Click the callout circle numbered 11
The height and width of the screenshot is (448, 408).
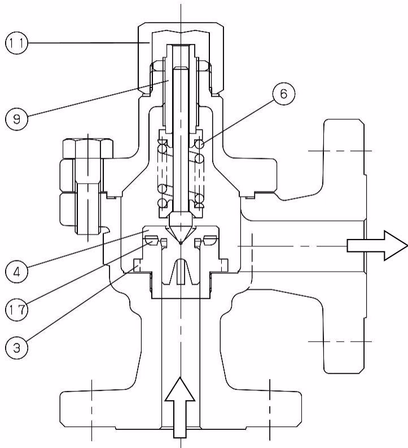tap(16, 43)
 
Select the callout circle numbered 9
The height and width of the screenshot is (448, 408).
tap(16, 118)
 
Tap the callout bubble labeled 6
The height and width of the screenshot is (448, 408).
tap(283, 94)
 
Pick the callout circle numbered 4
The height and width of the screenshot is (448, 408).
tap(16, 271)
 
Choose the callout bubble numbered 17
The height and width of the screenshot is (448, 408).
tap(16, 309)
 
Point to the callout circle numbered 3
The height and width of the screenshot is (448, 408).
tap(16, 348)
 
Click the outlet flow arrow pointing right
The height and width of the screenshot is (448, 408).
tap(377, 246)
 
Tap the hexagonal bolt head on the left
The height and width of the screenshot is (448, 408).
tap(88, 148)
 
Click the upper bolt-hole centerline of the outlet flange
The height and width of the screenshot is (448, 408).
tap(340, 150)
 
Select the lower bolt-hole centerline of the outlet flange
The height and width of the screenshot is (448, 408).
tap(340, 341)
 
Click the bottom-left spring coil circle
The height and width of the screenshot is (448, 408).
tap(162, 203)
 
